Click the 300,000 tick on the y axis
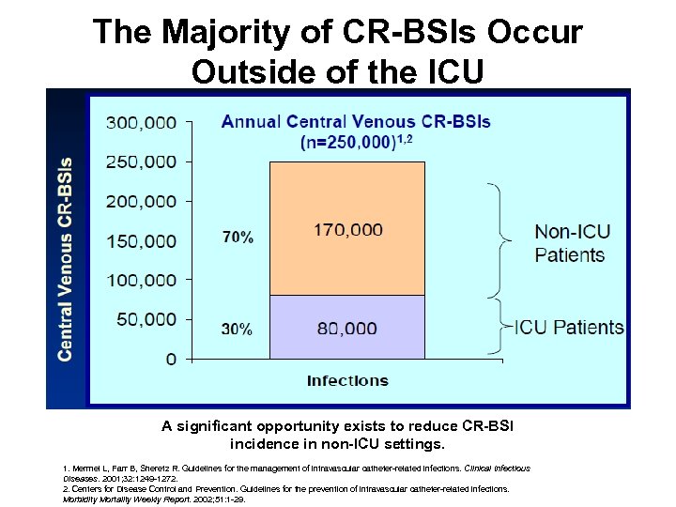[140, 122]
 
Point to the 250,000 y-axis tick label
[140, 161]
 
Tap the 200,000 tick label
[140, 201]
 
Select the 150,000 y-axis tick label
[140, 240]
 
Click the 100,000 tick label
[140, 280]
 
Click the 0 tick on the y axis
[170, 359]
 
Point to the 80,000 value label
[346, 329]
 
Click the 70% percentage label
[237, 238]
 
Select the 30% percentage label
[237, 330]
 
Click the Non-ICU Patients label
[569, 242]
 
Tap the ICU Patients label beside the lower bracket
[568, 328]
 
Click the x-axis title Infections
[347, 380]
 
